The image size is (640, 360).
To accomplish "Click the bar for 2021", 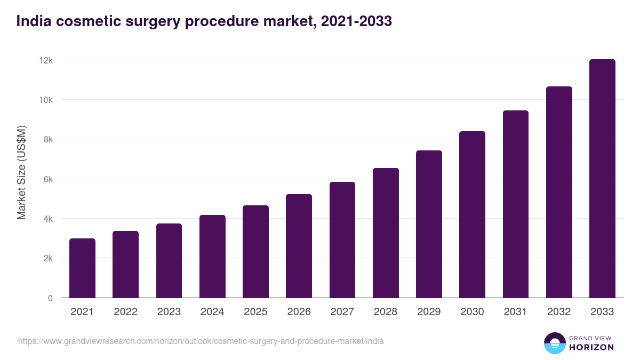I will (x=82, y=268).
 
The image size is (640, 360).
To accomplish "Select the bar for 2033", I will (x=602, y=179).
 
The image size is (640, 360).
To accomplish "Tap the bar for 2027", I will (x=342, y=240).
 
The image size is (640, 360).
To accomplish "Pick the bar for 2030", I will (x=472, y=214).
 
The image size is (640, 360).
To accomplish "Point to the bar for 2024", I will (x=212, y=257).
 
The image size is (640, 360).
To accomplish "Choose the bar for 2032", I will (x=559, y=192).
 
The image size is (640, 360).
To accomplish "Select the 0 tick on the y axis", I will (x=50, y=298).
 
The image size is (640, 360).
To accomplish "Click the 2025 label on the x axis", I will (x=255, y=312).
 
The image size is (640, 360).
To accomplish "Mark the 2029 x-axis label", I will (x=429, y=312).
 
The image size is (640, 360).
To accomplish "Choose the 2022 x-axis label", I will (x=125, y=312).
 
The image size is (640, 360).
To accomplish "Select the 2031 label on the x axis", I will (x=516, y=312).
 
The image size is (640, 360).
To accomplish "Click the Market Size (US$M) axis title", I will (x=21, y=172).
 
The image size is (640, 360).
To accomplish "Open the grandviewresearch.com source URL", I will (x=201, y=341).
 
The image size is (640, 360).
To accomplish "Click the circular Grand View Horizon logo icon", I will (x=554, y=343).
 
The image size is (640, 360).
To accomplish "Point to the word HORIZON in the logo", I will (x=591, y=347).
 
